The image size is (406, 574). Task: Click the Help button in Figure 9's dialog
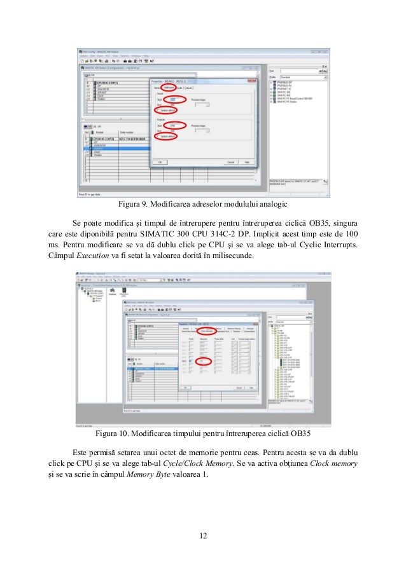246,161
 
